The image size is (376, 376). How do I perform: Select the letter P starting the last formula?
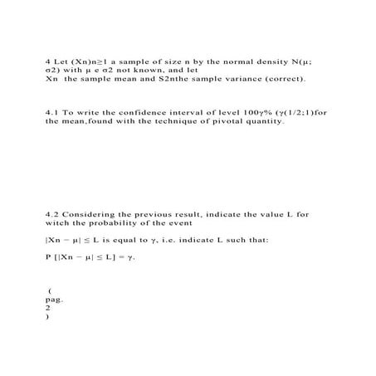tap(48, 256)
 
